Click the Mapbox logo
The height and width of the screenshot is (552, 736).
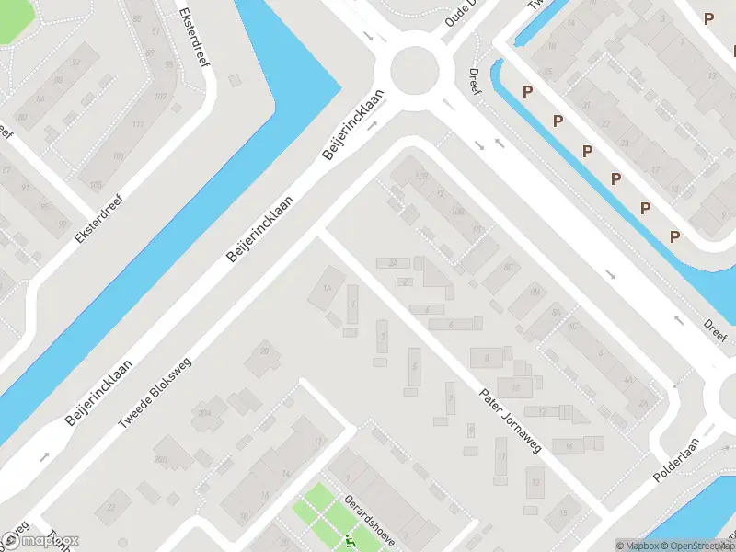[x=40, y=541]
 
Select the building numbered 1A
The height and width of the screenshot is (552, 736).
[x=326, y=287]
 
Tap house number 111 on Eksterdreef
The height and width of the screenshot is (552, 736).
[x=138, y=125]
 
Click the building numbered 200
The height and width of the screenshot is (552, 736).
[x=161, y=460]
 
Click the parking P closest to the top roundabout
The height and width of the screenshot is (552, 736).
[x=528, y=91]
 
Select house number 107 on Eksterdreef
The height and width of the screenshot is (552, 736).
[x=159, y=96]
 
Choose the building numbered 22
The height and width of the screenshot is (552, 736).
[x=112, y=507]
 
